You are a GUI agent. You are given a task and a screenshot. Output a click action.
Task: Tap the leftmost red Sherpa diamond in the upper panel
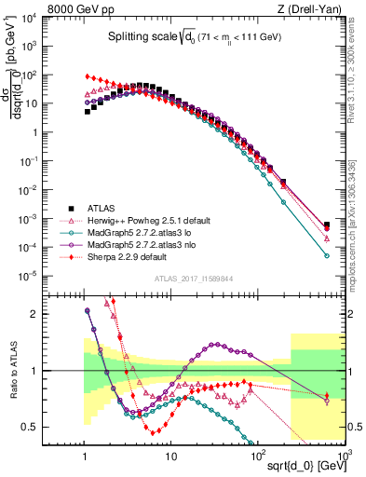[88, 76]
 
